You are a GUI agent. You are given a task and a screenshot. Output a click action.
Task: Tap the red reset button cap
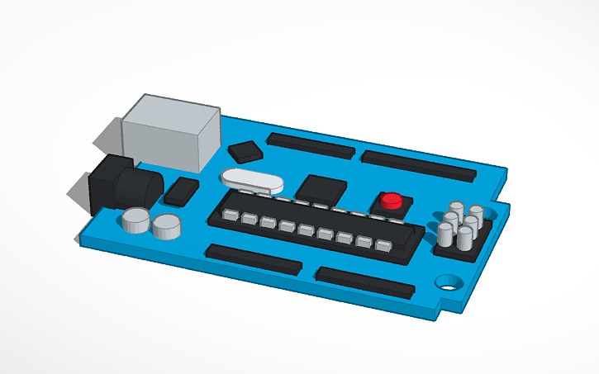[391, 200]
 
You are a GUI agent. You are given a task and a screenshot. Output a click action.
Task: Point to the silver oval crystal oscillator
[252, 179]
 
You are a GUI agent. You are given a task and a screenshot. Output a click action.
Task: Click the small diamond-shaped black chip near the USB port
[245, 151]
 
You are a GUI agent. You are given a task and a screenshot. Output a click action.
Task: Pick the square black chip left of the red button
[321, 189]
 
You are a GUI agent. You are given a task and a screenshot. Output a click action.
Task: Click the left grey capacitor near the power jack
[135, 220]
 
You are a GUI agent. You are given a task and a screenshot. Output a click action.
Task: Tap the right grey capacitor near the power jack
[166, 225]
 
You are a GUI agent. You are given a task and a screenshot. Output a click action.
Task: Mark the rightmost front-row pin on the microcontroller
[383, 246]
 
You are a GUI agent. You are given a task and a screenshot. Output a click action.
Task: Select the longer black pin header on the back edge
[419, 165]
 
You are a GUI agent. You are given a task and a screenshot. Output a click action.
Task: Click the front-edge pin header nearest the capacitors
[253, 258]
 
